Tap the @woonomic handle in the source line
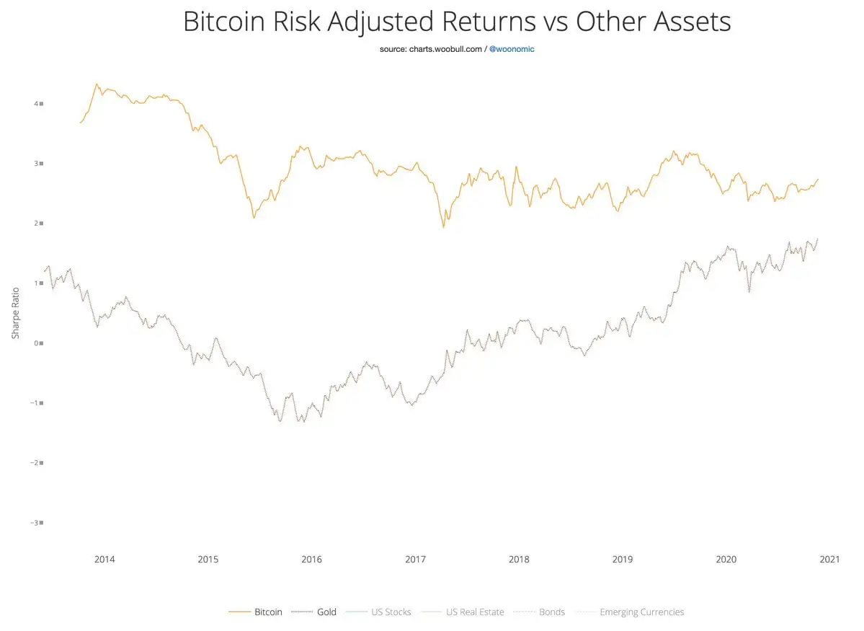click(512, 49)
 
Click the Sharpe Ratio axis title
click(16, 312)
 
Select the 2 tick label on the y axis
click(37, 224)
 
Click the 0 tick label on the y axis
click(37, 343)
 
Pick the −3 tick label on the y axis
click(35, 522)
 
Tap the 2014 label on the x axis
click(104, 560)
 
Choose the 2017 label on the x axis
click(415, 560)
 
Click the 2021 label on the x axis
click(830, 560)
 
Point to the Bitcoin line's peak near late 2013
click(97, 84)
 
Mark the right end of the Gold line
click(818, 239)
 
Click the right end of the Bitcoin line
click(818, 179)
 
